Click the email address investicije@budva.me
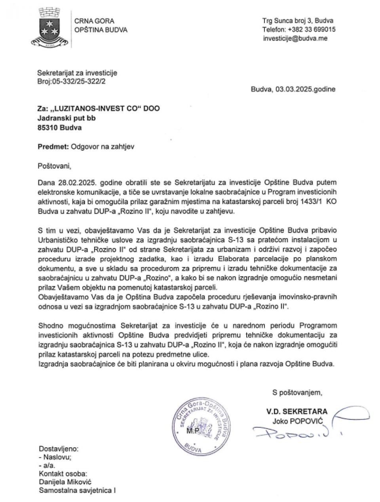coord(295,38)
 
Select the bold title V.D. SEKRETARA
coord(296,411)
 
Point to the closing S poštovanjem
coord(297,393)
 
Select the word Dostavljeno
coord(58,449)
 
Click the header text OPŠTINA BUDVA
coord(101,30)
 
